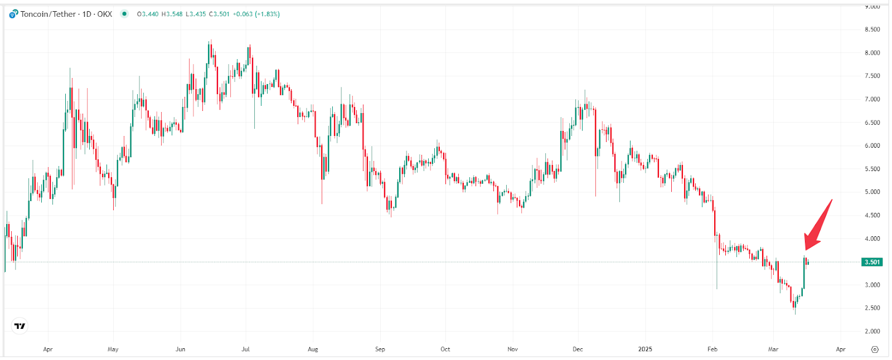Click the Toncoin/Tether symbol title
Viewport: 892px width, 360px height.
(x=48, y=14)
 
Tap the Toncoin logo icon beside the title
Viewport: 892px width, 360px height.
(x=13, y=14)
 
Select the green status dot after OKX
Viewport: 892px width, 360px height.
(x=124, y=14)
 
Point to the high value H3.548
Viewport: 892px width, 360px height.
(x=172, y=14)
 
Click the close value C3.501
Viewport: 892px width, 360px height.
(x=219, y=14)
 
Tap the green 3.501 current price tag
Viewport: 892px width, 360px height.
(x=872, y=262)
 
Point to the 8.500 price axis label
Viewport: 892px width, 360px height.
(x=872, y=30)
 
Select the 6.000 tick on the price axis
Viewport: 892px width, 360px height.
(x=872, y=145)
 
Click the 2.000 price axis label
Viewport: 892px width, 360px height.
(x=872, y=331)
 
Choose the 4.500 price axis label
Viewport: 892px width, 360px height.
(x=872, y=215)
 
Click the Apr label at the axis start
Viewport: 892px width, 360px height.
(x=48, y=349)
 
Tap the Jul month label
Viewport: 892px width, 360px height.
(x=245, y=349)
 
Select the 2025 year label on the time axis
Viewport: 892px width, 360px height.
(x=645, y=349)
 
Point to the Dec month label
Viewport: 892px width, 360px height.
(x=578, y=349)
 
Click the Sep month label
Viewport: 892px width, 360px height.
(x=380, y=349)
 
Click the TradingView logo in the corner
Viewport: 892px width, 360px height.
(x=20, y=326)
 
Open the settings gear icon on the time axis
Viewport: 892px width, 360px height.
(x=875, y=349)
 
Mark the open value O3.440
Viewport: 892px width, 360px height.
(x=148, y=14)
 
